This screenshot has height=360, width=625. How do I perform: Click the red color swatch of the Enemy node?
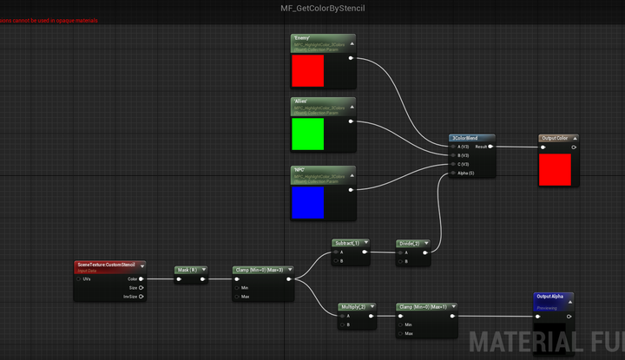tap(307, 71)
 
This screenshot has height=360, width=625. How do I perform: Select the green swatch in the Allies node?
tap(307, 134)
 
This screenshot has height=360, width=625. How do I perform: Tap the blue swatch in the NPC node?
tap(307, 202)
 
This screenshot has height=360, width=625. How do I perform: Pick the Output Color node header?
tap(556, 138)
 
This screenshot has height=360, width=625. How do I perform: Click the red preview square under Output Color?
tap(556, 169)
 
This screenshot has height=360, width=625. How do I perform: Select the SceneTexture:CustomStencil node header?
tap(107, 265)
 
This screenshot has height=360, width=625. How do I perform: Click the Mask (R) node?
tap(188, 270)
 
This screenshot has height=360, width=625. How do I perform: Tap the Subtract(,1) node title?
tap(345, 243)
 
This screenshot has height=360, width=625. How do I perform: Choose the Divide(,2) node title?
tap(410, 243)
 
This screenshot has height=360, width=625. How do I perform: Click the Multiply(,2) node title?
tap(354, 306)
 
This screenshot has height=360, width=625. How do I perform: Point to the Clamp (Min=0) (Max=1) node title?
tap(423, 306)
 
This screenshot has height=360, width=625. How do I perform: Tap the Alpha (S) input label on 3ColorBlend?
tap(464, 173)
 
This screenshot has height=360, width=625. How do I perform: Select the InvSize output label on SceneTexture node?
tap(131, 296)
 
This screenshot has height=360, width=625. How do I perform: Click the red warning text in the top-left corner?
tap(49, 20)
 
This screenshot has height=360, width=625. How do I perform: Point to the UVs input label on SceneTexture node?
tap(87, 278)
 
